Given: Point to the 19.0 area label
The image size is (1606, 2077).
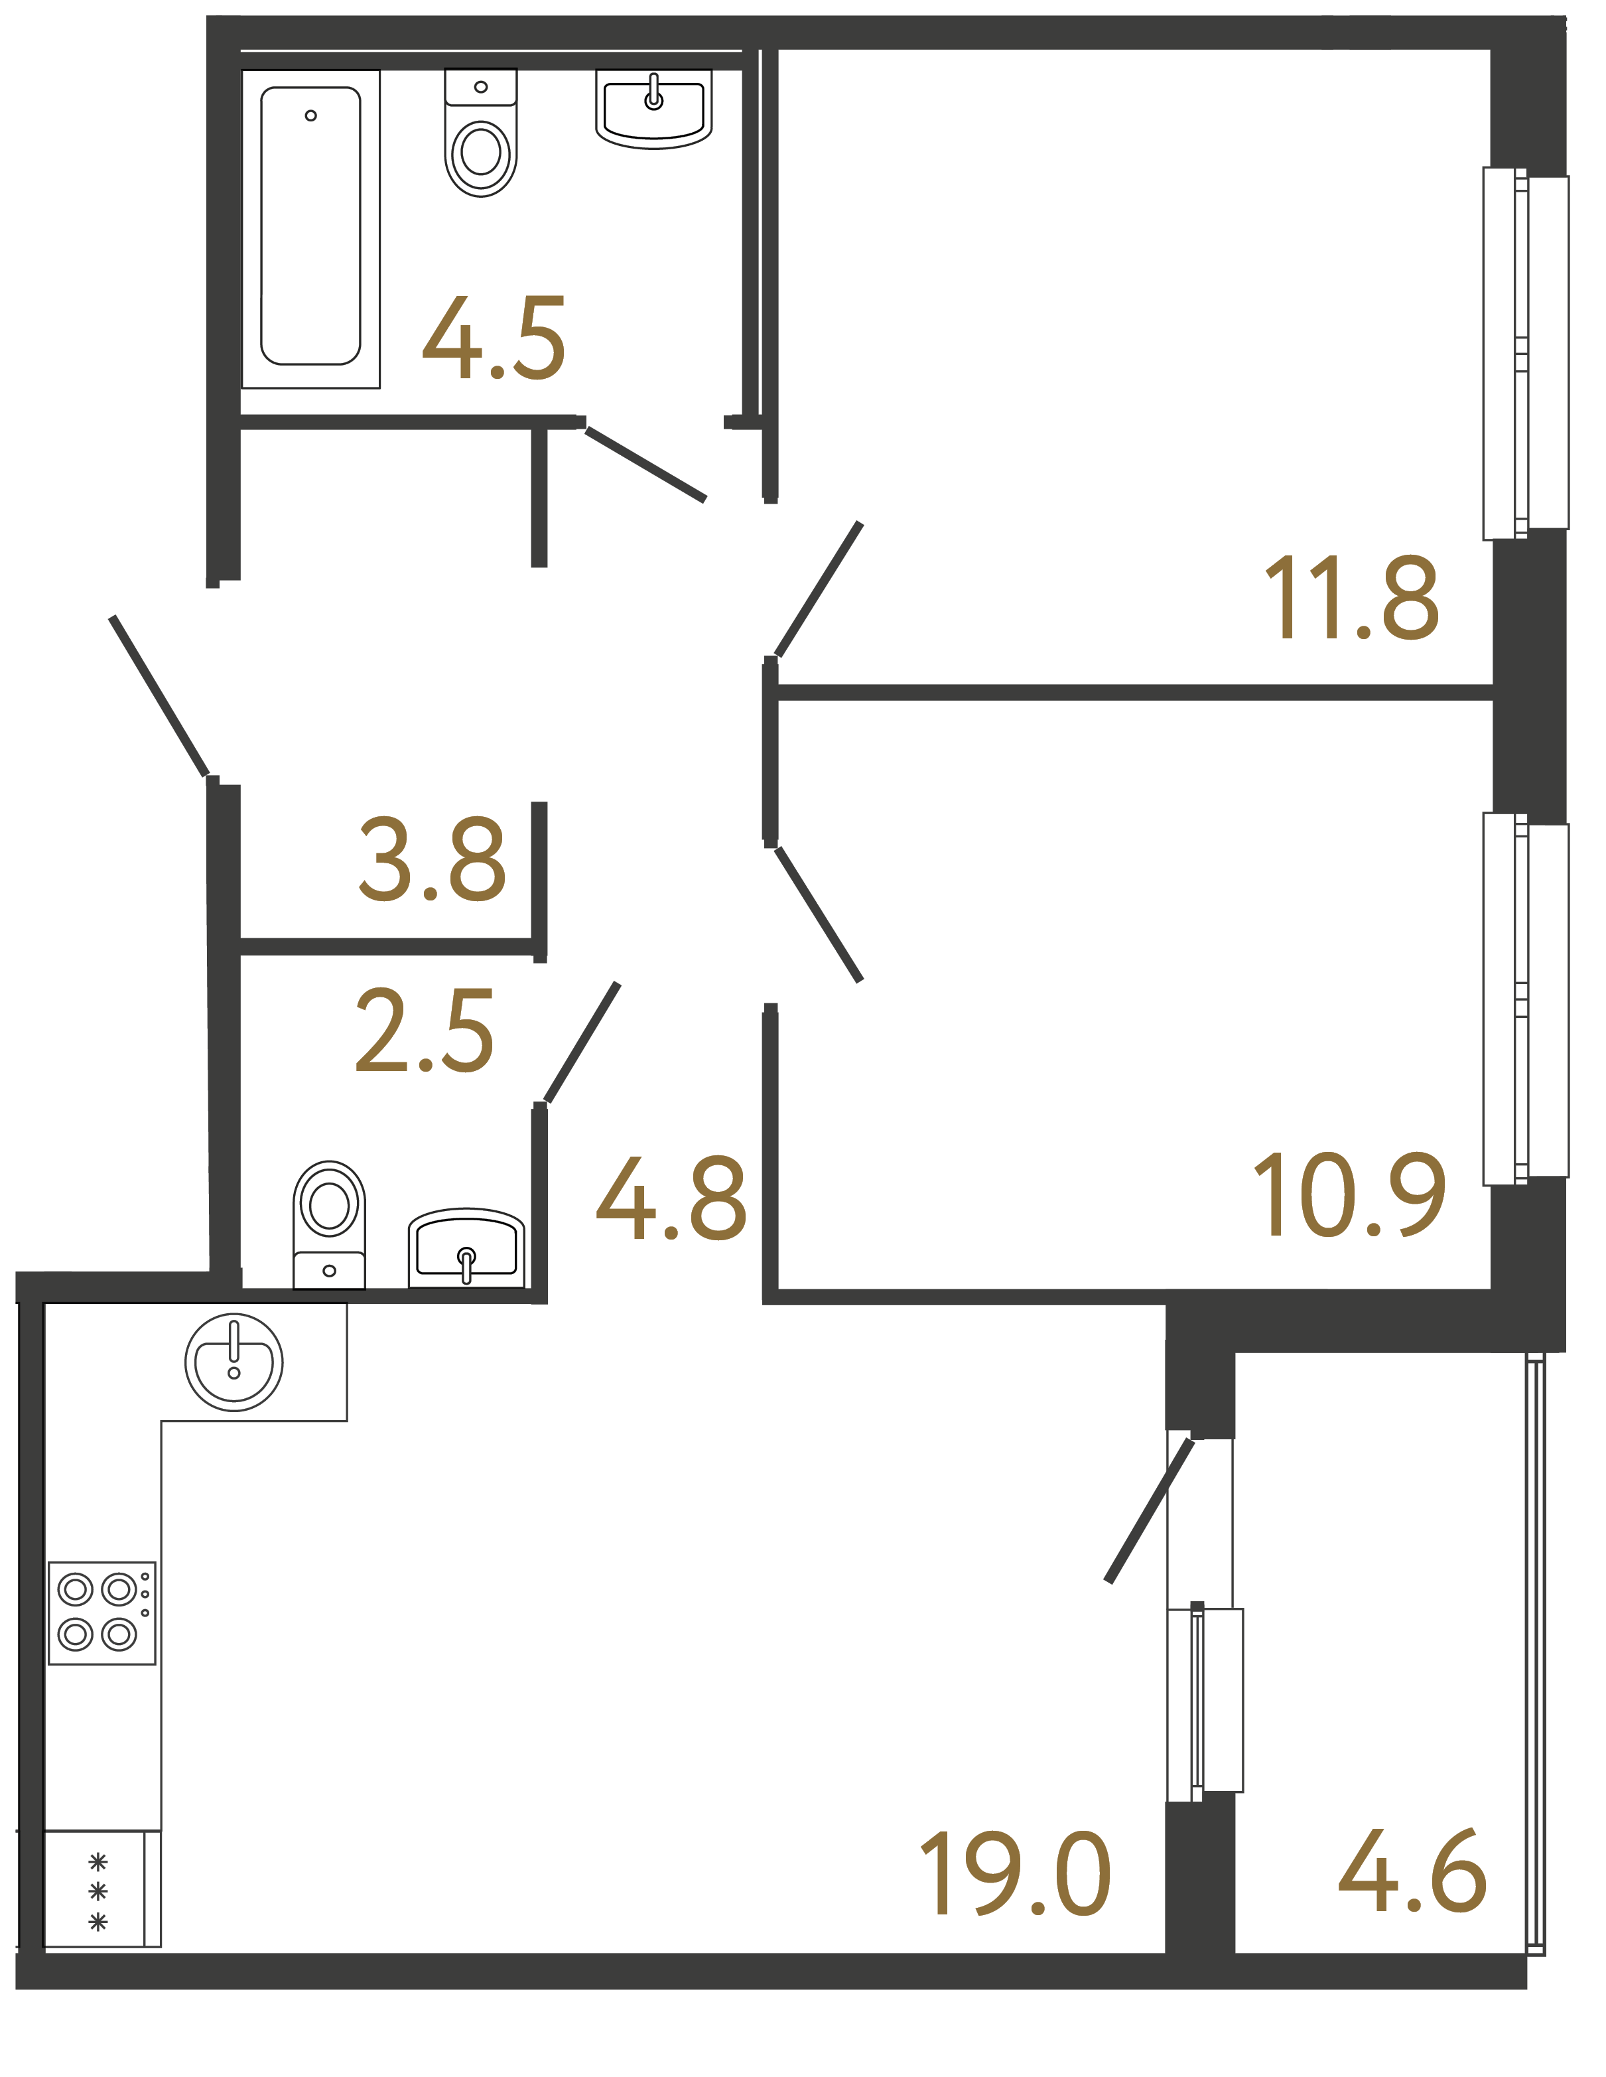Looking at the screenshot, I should coord(1014,1873).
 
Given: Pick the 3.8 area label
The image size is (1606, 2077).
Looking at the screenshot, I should coord(432,859).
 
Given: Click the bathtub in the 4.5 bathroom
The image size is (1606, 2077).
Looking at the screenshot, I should coord(311,228).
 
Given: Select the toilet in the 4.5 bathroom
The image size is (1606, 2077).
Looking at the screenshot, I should coord(480,135).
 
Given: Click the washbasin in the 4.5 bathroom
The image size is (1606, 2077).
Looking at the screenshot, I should coord(653,109).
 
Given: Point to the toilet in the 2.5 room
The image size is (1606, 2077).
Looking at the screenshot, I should coord(329,1223).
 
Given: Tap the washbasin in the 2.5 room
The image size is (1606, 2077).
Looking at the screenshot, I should coord(466,1248).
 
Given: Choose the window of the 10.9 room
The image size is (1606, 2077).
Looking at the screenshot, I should coord(1525,999).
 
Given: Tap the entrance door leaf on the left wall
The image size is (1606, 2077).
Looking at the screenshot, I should coord(160,696).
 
